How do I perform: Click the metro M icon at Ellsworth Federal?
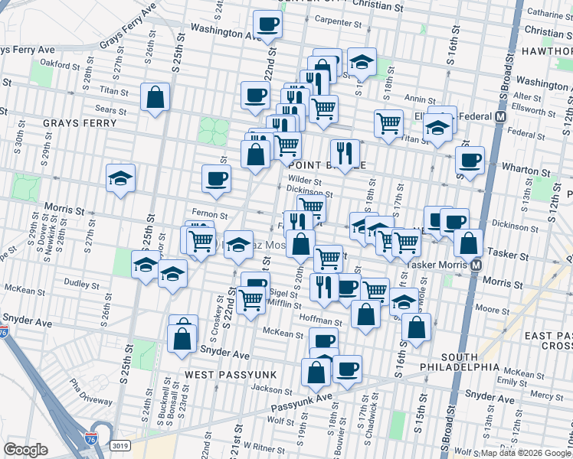point(500,117)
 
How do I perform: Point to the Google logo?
point(25,450)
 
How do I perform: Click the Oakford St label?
point(61,63)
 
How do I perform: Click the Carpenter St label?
point(337,23)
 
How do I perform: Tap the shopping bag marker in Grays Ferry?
point(155,97)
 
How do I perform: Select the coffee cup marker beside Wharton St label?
point(470,160)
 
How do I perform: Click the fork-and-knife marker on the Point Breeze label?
point(345,153)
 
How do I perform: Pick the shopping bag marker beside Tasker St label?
point(468,243)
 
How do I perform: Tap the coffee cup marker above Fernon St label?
point(216,178)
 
